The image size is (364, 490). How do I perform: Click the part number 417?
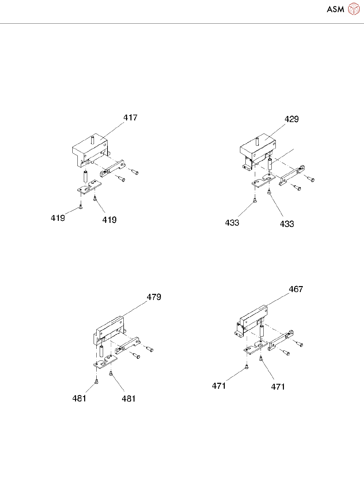[x=130, y=117]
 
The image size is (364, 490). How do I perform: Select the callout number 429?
[x=291, y=119]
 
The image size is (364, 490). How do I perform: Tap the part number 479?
[x=154, y=297]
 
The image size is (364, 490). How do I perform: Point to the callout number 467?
[x=296, y=289]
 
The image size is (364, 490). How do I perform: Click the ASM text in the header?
[x=335, y=9]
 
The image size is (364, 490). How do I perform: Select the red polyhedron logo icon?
[x=354, y=9]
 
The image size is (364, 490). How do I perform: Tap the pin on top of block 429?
[x=257, y=141]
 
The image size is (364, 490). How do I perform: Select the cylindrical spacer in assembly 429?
[x=270, y=165]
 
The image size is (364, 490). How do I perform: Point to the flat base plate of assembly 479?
[x=105, y=362]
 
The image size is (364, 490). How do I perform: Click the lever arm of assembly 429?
[x=291, y=175]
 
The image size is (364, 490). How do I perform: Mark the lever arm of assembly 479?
[x=128, y=346]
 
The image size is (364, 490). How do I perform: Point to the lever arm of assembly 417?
[x=113, y=168]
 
